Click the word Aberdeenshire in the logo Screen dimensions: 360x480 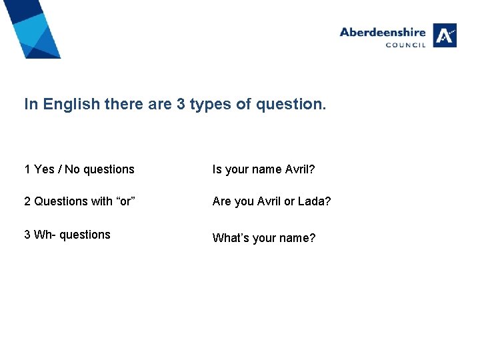click(382, 32)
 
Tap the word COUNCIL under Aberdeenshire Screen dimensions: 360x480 click(405, 45)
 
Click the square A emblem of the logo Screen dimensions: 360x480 click(445, 35)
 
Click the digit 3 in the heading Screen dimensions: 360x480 click(181, 105)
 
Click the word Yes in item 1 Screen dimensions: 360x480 click(44, 169)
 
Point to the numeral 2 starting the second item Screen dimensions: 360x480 click(27, 201)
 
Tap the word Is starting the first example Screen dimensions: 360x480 click(217, 169)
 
